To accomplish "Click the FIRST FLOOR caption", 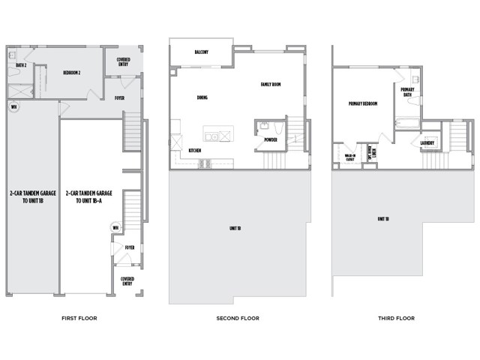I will tap(79, 318).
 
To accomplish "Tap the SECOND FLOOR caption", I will tap(238, 318).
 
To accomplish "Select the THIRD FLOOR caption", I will tap(396, 318).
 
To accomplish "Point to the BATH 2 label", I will tap(21, 65).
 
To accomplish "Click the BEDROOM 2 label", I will tap(72, 73).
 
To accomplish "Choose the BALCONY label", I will tap(201, 52).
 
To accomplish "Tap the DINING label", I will tap(202, 97).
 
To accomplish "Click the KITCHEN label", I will tap(195, 151).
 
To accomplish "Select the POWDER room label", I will tap(271, 139).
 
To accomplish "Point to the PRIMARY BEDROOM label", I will tap(362, 103).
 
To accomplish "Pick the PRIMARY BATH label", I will tap(408, 92).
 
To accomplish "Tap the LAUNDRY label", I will tap(428, 142).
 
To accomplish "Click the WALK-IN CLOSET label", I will tap(349, 157).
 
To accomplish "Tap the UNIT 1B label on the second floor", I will tap(235, 228).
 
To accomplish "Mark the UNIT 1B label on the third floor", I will tap(382, 218).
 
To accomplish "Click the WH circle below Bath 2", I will tap(14, 106).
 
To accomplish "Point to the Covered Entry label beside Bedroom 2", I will tap(124, 62).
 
